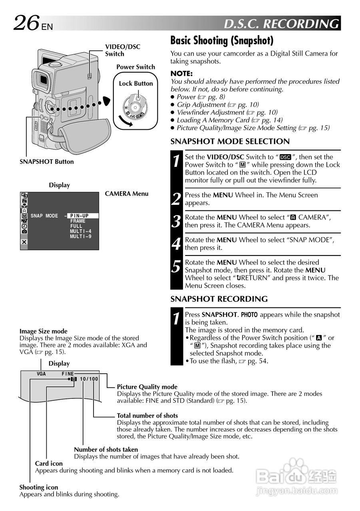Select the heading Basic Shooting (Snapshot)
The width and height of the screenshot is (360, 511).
click(222, 41)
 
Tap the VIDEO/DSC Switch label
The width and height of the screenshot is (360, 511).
click(123, 50)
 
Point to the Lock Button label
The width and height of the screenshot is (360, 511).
click(136, 83)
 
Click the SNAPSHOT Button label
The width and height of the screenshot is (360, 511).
click(47, 162)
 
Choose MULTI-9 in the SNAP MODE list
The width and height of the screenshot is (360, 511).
click(81, 237)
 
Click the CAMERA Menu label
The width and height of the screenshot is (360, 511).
click(127, 194)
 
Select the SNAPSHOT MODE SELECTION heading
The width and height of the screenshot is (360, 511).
click(230, 141)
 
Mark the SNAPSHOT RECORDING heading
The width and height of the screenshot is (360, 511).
click(219, 299)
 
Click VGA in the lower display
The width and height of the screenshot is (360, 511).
click(42, 374)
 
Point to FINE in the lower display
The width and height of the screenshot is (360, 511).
click(68, 374)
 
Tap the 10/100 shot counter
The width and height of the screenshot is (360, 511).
click(88, 379)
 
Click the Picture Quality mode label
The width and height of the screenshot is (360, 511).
click(147, 387)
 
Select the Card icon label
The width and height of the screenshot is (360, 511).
click(49, 463)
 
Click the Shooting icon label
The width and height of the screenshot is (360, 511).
click(39, 487)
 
